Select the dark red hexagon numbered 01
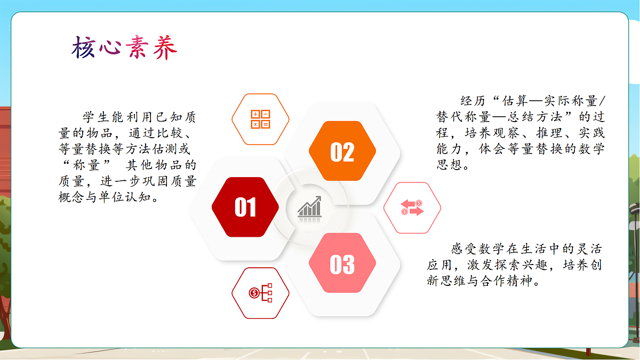(x=245, y=207)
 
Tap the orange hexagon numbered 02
(x=342, y=152)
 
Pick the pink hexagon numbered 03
(x=342, y=264)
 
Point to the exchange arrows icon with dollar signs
(x=412, y=207)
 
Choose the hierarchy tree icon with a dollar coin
(x=260, y=293)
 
